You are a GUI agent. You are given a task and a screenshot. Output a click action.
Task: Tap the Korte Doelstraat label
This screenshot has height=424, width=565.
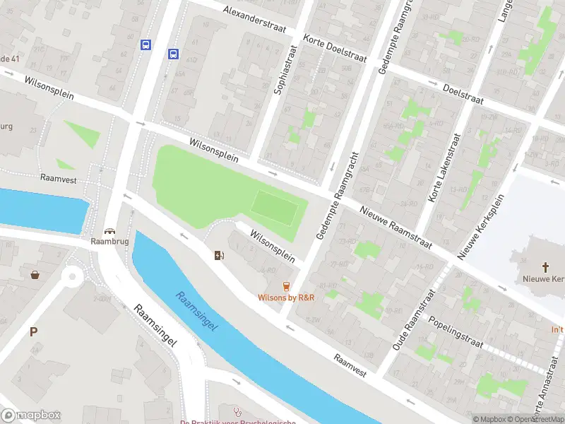coord(335,48)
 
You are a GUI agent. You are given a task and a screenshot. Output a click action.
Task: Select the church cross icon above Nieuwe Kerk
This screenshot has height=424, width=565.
coord(545,267)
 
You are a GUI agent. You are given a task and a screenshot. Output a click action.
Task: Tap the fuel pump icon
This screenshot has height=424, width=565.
coord(220,255)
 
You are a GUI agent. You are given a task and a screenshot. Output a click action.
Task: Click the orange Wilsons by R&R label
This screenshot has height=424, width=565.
coord(286,298)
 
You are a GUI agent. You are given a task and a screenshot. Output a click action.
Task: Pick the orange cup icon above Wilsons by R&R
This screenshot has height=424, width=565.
coord(286,286)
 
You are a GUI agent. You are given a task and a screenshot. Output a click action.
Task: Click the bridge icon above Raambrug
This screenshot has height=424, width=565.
coord(109,230)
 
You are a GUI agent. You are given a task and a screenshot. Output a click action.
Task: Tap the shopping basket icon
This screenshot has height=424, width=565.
coord(34,274)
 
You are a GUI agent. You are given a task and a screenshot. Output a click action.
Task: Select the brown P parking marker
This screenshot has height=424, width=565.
coord(33,331)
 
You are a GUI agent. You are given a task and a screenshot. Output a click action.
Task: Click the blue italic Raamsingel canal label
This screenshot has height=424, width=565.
coord(197,311)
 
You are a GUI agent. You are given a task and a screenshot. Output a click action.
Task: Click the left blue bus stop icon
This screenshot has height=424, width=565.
coord(146,45)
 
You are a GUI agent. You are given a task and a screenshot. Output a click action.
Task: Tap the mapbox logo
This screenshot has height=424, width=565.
coord(30,415)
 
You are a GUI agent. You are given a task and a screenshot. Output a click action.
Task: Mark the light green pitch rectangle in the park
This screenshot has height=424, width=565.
coord(275,207)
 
